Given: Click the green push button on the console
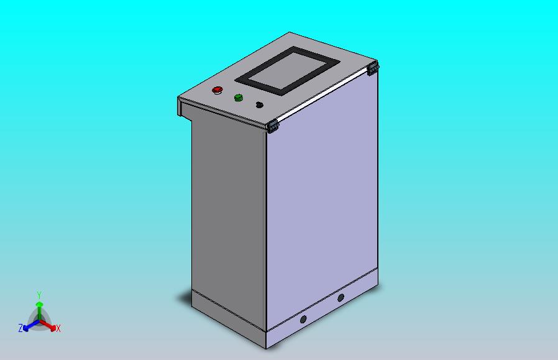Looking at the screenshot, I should click(238, 98).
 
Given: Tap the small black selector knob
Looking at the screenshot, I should click(259, 105).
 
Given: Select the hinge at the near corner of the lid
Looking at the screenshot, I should click(273, 127).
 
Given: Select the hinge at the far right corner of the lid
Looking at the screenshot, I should click(373, 68).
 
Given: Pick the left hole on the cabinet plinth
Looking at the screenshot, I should click(303, 320).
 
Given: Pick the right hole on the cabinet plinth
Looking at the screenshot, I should click(341, 298).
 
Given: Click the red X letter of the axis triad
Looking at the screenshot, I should click(58, 328).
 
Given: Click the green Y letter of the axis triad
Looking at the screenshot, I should click(39, 295).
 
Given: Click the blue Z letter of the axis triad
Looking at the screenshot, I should click(21, 328).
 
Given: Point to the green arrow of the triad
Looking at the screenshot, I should click(39, 308).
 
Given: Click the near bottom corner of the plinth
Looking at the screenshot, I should click(267, 347).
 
